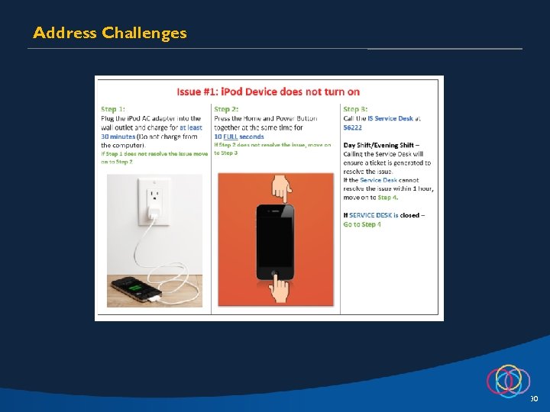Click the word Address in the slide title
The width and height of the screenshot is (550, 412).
[64, 33]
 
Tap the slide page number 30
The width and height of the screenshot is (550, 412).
[533, 399]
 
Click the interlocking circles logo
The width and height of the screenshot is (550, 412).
[508, 379]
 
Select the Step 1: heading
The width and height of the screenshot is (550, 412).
[113, 110]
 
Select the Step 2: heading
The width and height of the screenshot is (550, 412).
[227, 110]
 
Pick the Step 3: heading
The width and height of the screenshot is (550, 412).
[356, 110]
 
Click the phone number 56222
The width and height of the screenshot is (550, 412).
[353, 127]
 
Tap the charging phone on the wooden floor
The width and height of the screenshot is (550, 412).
[136, 289]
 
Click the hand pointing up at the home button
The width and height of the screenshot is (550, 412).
[281, 288]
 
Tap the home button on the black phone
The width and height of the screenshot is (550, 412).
[275, 272]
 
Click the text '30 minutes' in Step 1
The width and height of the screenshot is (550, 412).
[118, 136]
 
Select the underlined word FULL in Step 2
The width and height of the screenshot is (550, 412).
[231, 136]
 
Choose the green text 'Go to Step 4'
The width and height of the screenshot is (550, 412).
[362, 224]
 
